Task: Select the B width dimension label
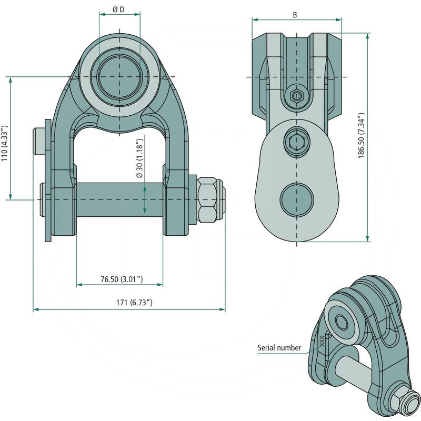295,15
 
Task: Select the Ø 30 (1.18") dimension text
140,159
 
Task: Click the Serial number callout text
279,347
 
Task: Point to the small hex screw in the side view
296,96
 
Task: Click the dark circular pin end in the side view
296,199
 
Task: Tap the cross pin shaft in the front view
119,200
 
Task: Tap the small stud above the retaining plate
38,141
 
